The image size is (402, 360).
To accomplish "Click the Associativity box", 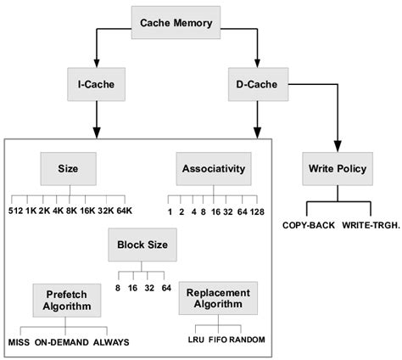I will click(213, 168).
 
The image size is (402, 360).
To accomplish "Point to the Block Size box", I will click(142, 245).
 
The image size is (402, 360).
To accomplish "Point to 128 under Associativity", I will click(258, 210).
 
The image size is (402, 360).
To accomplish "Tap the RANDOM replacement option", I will click(247, 339).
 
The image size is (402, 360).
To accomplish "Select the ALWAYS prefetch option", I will click(110, 342).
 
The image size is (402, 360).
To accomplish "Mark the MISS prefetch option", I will click(18, 342).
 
